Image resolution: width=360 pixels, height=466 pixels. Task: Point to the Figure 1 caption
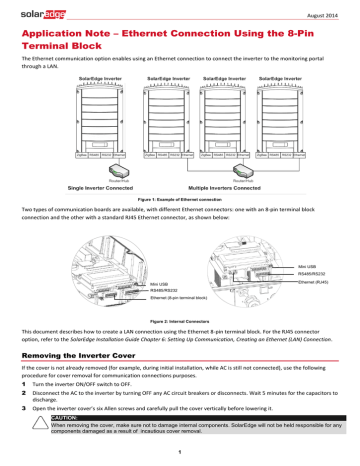click(180, 201)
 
